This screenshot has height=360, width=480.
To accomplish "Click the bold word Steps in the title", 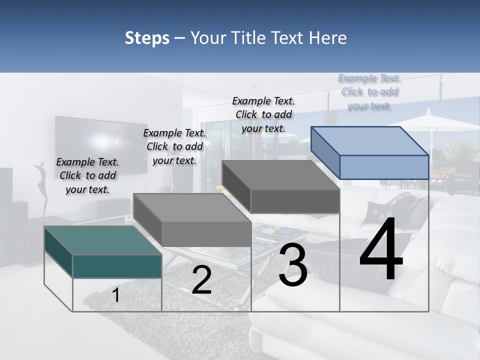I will tap(147, 38).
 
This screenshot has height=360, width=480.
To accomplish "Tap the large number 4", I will tap(381, 249).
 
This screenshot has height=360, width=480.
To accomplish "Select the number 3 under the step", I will tap(292, 265).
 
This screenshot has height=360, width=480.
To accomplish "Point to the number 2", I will tap(201, 280).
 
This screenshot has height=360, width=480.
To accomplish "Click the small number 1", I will tap(116, 295).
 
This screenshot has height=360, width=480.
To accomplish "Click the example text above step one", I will tap(87, 175).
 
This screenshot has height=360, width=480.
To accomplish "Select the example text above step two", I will tap(174, 146).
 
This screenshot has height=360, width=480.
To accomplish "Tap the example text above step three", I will tap(263, 114).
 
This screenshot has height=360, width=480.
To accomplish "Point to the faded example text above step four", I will tap(369, 92).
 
